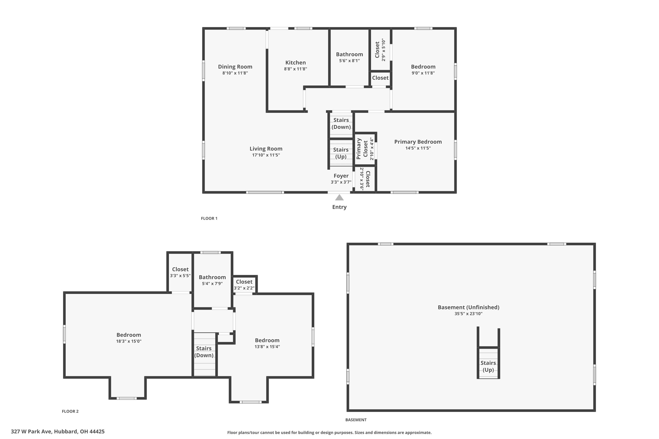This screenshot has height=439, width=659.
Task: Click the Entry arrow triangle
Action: pyautogui.click(x=339, y=197)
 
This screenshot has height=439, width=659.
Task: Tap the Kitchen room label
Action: pyautogui.click(x=295, y=63)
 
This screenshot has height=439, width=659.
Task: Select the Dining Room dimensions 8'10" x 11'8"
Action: pyautogui.click(x=235, y=73)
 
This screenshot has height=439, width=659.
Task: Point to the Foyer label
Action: pyautogui.click(x=341, y=176)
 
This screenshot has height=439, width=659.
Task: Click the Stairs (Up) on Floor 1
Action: pyautogui.click(x=341, y=153)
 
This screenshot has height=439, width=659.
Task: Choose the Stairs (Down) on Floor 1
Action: pyautogui.click(x=341, y=123)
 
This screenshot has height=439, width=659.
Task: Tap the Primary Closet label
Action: pyautogui.click(x=362, y=149)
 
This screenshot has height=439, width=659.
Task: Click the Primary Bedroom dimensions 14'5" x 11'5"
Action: pyautogui.click(x=418, y=148)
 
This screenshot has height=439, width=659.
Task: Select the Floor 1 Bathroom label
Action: pyautogui.click(x=349, y=54)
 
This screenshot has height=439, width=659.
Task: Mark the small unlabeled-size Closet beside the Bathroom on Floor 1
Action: pyautogui.click(x=380, y=78)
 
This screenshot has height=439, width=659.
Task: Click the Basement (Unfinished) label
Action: pyautogui.click(x=468, y=307)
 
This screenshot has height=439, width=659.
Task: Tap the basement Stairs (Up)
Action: pyautogui.click(x=488, y=366)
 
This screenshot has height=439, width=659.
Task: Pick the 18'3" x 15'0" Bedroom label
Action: pyautogui.click(x=128, y=335)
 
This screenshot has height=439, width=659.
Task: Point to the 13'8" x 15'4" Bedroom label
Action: pyautogui.click(x=267, y=340)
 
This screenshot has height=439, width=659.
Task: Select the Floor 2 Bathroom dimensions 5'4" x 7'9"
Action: pyautogui.click(x=212, y=284)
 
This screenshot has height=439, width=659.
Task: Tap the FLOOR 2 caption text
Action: pyautogui.click(x=70, y=411)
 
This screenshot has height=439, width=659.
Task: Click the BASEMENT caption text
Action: pyautogui.click(x=356, y=420)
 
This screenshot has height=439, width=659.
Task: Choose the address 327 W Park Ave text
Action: pyautogui.click(x=58, y=432)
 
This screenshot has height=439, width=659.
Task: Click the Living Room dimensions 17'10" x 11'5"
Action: pyautogui.click(x=266, y=155)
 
